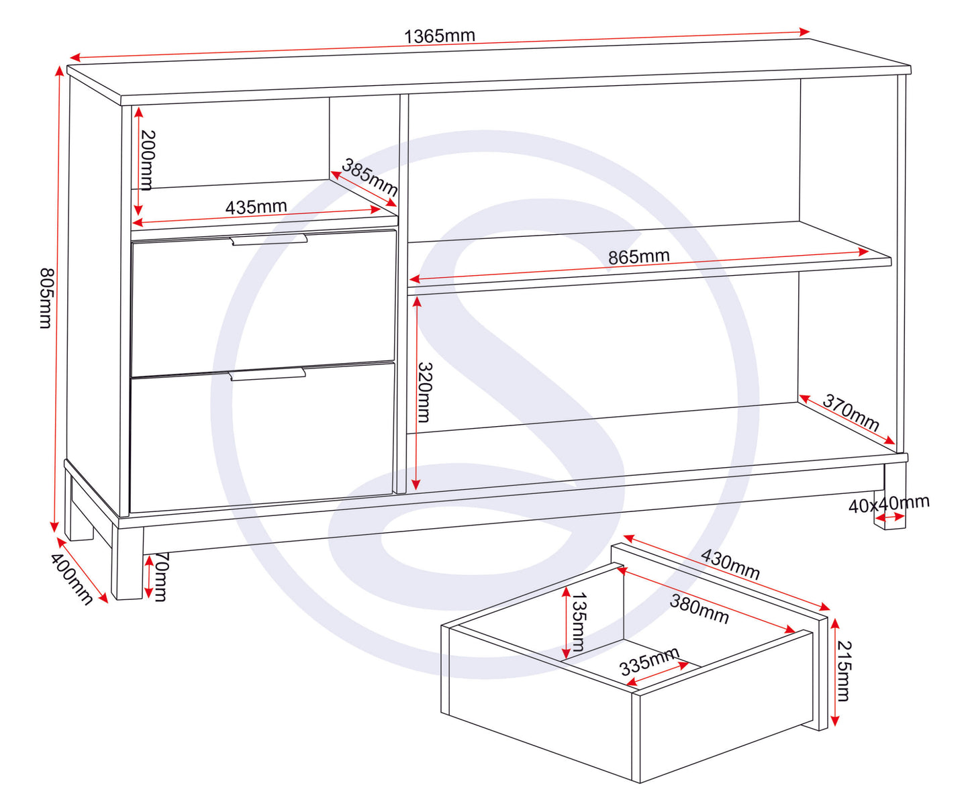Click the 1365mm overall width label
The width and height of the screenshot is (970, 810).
(x=439, y=36)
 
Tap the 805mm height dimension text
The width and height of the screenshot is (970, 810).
(x=45, y=298)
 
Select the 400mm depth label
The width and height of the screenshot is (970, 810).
(x=71, y=578)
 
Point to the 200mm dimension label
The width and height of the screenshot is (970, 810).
(x=148, y=160)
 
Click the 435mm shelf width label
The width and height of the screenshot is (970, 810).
(x=256, y=207)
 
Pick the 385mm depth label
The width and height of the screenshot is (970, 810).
(x=369, y=176)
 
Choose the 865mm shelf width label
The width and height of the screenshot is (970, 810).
(x=638, y=256)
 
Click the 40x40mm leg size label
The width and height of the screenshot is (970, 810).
(x=888, y=504)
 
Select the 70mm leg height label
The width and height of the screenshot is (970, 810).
(x=161, y=576)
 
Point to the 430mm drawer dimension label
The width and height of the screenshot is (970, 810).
(x=730, y=564)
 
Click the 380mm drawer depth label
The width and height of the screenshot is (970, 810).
(x=699, y=609)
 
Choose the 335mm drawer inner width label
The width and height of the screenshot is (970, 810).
(x=649, y=661)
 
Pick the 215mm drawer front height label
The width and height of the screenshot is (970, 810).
(x=843, y=670)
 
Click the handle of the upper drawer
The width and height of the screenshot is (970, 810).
(x=269, y=240)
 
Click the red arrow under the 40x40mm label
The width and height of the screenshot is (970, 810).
(x=889, y=517)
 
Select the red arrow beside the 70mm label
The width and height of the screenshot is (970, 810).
(x=148, y=576)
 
